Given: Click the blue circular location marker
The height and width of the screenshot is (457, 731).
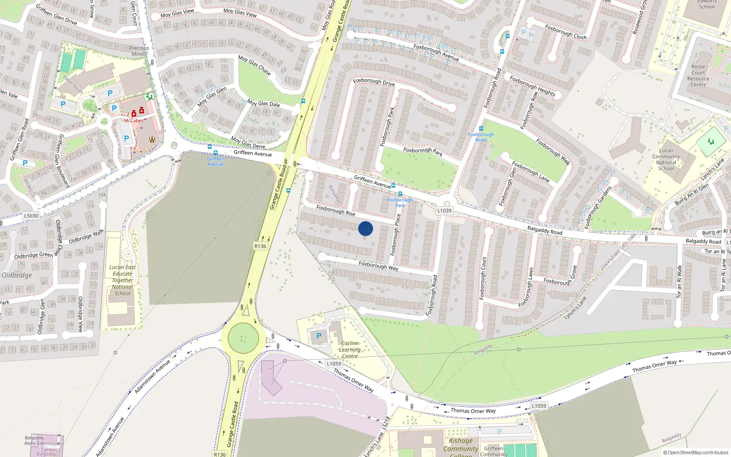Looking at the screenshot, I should tap(365, 228).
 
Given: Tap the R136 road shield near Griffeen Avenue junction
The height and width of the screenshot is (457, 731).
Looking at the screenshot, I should tap(260, 246).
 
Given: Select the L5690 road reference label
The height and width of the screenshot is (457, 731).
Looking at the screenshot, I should tap(31, 216).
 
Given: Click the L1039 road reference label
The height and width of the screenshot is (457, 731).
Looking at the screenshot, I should tap(444, 211).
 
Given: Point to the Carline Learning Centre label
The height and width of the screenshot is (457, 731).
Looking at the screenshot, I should tap(350, 350).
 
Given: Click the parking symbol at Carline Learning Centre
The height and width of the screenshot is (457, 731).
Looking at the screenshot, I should tap(319, 336).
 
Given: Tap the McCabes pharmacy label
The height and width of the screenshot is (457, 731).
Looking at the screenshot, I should tap(133, 121).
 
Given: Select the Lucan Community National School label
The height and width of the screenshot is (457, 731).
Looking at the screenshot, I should tap(666, 159).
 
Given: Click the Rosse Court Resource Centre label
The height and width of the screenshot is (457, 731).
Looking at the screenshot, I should tap(698, 76).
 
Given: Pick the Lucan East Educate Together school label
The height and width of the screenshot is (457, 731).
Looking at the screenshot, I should tap(122, 280).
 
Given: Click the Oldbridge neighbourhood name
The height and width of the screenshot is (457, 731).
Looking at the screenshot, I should tap(17, 275).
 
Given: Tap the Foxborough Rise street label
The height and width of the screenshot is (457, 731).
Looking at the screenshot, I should tap(336, 210).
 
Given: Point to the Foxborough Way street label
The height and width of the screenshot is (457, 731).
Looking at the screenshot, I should tap(378, 266).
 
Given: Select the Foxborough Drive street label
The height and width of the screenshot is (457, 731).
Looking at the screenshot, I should tap(374, 82).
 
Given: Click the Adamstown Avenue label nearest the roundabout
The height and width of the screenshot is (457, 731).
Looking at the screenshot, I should tap(152, 376).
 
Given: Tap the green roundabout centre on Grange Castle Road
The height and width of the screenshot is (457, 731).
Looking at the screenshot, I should tap(243, 339).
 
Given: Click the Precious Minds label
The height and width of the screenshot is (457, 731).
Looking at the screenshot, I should tap(139, 51).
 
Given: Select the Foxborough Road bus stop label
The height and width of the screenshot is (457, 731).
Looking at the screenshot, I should tap(481, 137).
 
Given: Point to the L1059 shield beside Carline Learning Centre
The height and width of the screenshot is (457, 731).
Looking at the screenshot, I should tap(334, 364).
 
